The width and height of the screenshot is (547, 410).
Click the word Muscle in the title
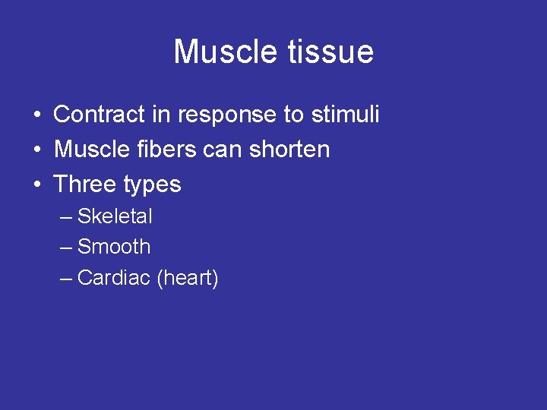222,52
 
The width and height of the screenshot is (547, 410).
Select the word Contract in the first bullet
98,115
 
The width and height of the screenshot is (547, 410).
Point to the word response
229,115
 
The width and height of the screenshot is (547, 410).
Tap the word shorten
292,150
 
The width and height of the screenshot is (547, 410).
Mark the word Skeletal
115,216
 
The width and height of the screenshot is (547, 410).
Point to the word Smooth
114,247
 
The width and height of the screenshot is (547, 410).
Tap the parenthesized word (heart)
188,279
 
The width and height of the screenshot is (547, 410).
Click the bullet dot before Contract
36,115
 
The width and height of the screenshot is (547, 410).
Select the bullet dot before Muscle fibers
36,150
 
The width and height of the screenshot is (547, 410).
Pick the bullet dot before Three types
36,185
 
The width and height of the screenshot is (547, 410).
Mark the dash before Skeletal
66,217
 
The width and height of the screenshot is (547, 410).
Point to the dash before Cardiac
66,279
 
